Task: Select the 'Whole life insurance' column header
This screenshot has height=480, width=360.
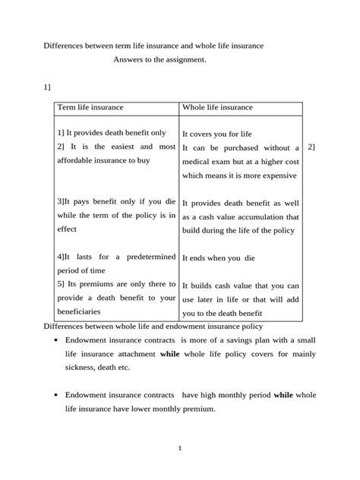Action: click(x=218, y=108)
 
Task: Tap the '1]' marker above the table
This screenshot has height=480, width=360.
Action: click(x=46, y=87)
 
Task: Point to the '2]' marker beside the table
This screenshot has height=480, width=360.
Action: click(x=311, y=147)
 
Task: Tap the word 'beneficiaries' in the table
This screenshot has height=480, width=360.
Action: click(x=80, y=311)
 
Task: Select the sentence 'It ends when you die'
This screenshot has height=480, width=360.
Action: click(x=219, y=257)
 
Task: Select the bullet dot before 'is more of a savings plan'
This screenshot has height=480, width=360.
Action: click(x=49, y=340)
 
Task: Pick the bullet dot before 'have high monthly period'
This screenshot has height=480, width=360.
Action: click(x=49, y=396)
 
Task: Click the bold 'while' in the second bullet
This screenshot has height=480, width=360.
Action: click(x=284, y=395)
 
